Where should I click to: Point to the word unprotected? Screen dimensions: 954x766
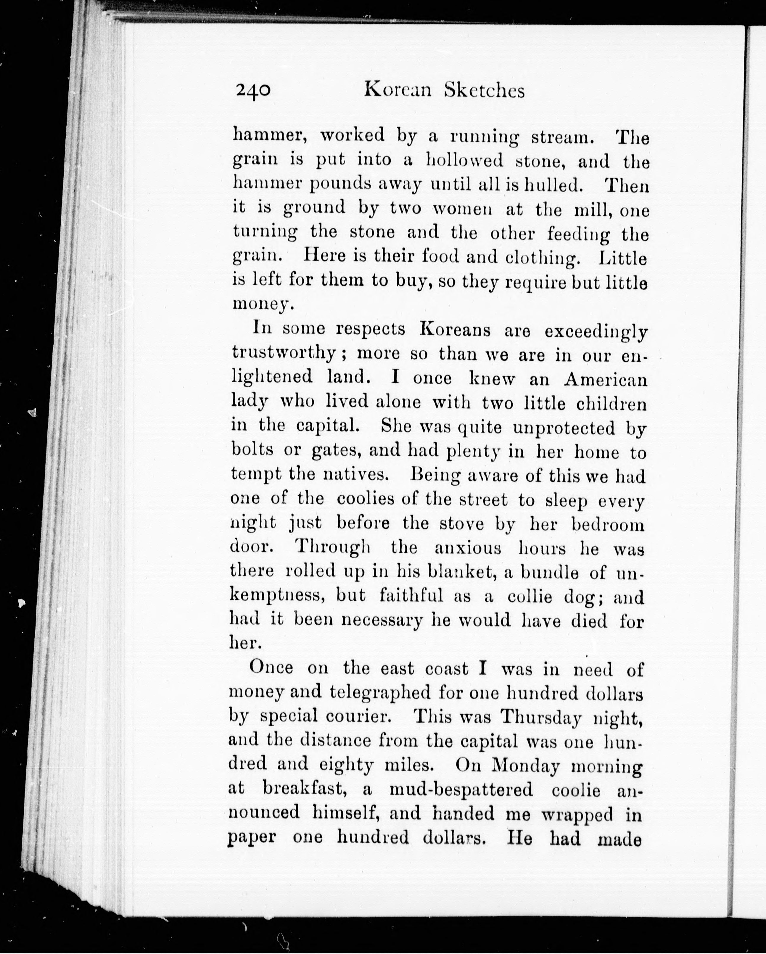564,428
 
